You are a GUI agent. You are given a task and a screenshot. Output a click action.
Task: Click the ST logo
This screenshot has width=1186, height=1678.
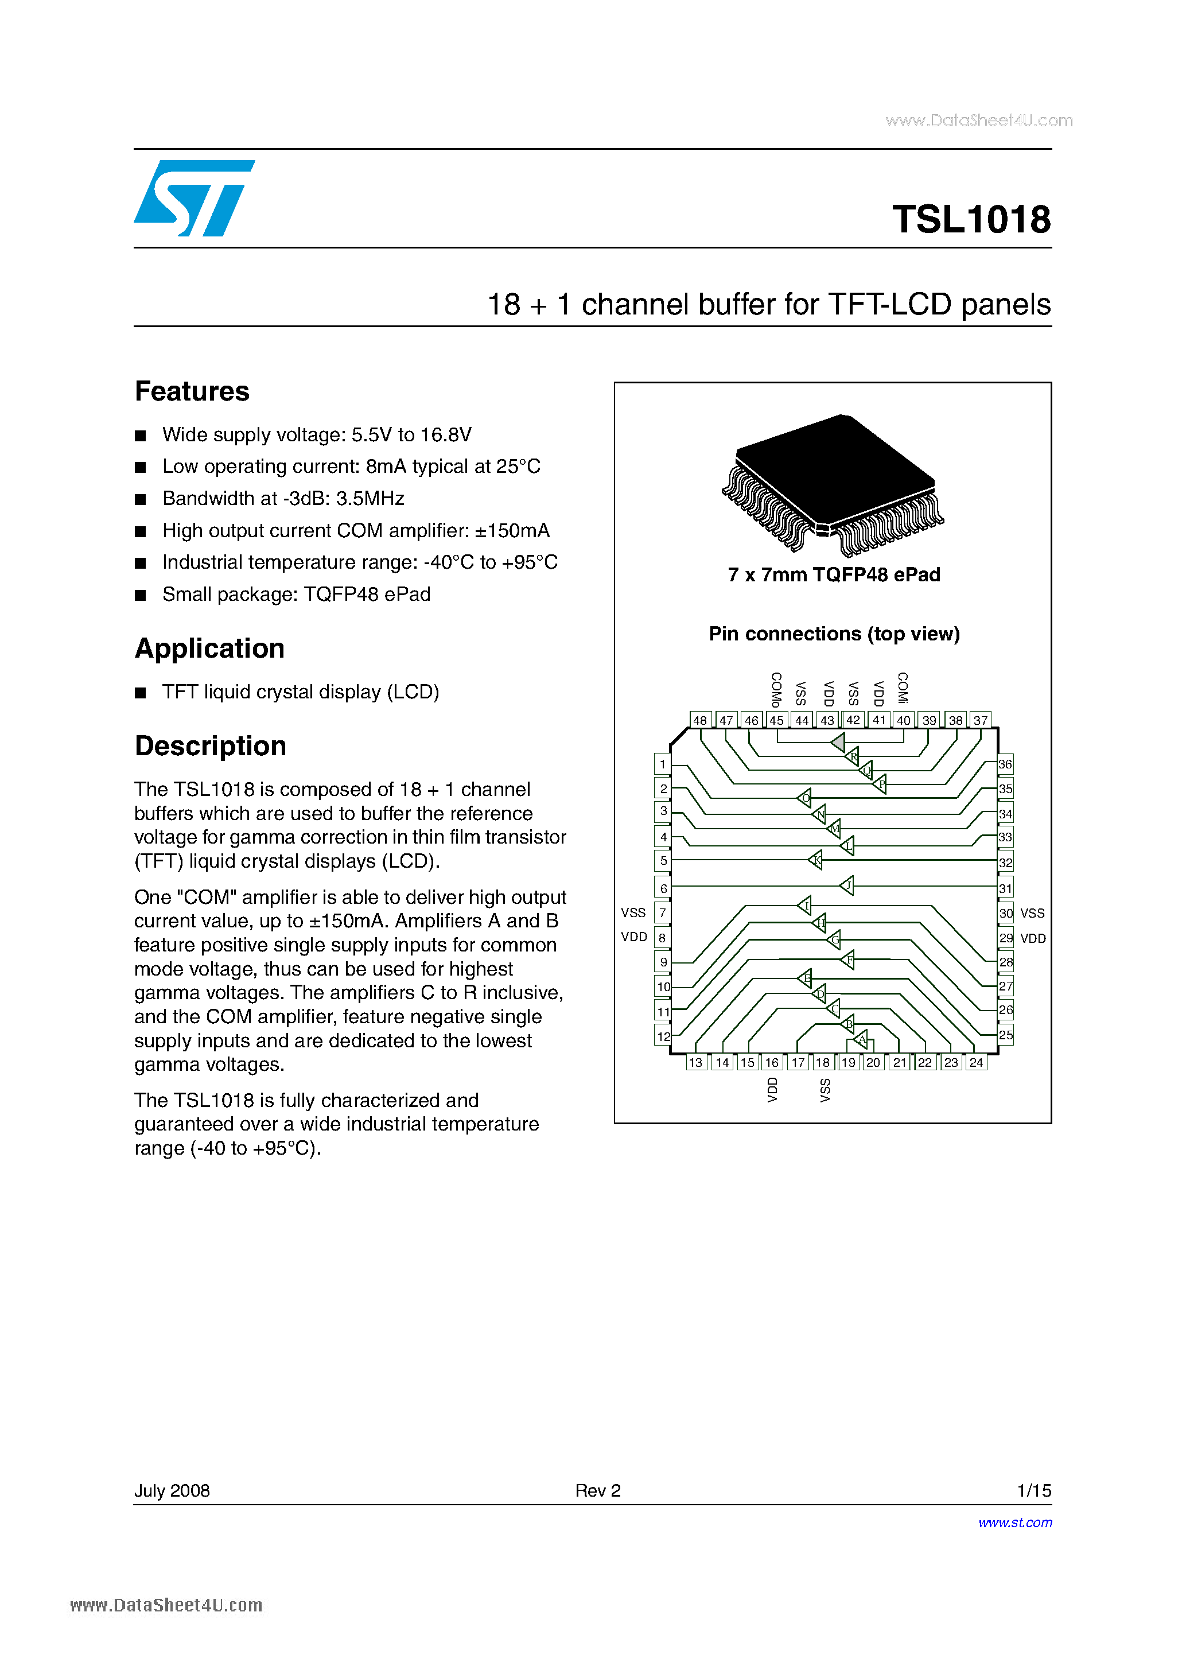193,198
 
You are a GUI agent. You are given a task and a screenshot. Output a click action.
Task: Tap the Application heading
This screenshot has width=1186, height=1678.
210,649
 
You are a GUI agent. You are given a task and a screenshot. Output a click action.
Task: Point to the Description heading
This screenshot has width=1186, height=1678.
211,746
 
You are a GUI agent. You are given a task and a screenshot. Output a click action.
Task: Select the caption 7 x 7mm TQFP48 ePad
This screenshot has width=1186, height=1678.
833,575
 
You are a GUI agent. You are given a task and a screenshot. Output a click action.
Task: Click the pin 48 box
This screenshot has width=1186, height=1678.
700,720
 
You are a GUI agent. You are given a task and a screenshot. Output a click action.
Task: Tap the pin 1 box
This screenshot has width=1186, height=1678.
663,764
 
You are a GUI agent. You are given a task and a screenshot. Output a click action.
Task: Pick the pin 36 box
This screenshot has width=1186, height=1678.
1005,764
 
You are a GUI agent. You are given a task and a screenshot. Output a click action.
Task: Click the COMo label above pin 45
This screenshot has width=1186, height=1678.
776,689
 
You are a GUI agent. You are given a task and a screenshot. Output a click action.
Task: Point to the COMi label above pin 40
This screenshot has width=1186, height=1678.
903,687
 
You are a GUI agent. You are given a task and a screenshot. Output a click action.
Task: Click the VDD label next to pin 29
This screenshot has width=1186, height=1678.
1033,938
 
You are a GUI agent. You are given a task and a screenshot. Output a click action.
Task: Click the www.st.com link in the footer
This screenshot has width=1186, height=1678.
1015,1522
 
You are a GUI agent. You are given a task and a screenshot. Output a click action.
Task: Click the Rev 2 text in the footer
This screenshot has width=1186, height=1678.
597,1490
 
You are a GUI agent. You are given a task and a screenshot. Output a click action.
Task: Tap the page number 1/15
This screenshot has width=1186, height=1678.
1033,1490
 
